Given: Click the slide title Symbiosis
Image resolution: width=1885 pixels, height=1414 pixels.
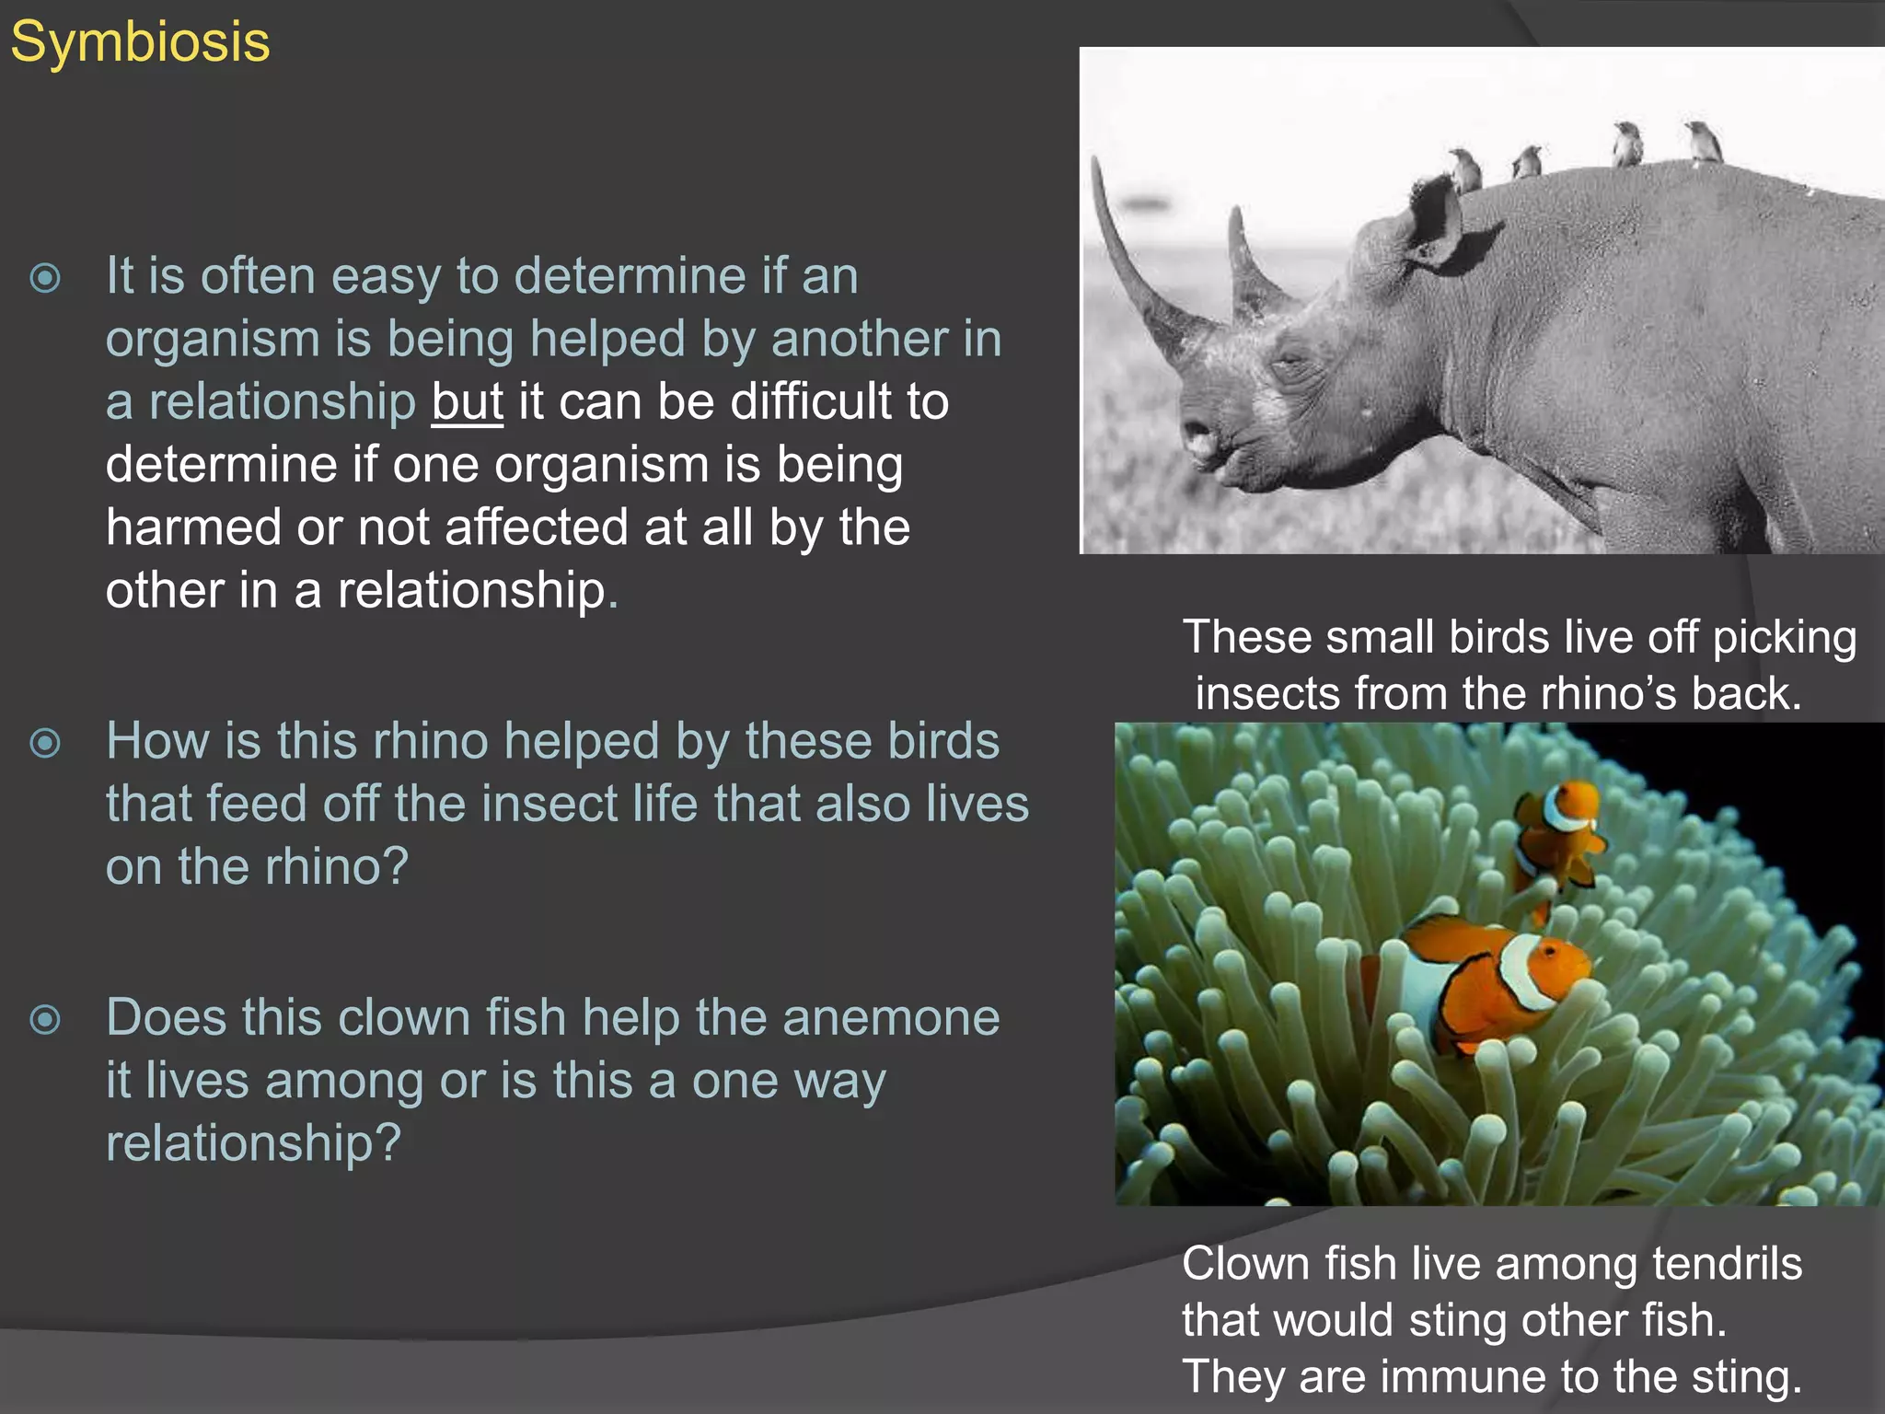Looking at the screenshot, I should point(140,42).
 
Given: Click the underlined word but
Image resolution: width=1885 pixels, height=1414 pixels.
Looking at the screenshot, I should point(468,402).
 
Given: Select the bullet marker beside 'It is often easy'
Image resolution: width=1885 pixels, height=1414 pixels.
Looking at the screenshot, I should point(45,278).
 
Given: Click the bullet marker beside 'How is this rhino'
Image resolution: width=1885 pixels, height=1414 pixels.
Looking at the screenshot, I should point(45,743).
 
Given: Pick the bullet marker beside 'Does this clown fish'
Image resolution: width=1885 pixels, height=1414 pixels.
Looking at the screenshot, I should point(45,1019).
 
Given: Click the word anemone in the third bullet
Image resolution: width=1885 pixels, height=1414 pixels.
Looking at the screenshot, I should point(890,1018).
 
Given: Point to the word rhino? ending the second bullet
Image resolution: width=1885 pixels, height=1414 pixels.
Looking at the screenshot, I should point(337,867).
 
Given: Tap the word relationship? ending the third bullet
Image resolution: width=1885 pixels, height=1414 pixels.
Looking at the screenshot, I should point(253,1143).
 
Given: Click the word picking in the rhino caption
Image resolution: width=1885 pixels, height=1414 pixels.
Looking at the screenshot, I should point(1784,638).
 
